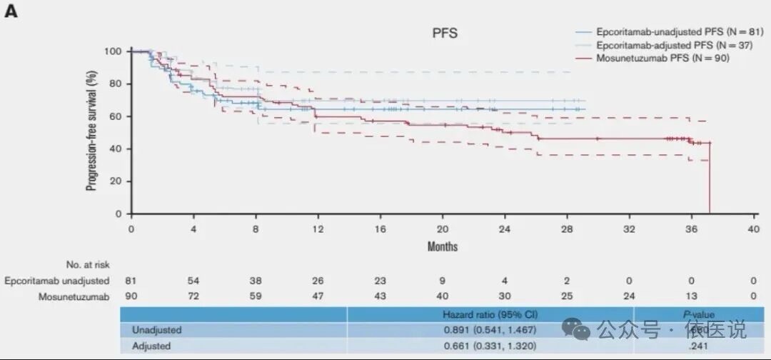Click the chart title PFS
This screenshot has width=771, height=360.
[443, 33]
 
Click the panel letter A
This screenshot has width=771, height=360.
[11, 13]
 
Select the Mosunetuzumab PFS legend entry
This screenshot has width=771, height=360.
[662, 58]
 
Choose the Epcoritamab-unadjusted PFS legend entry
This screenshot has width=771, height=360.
[672, 33]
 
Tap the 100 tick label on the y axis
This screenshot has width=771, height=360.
[113, 51]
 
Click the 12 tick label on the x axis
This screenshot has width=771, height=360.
[318, 229]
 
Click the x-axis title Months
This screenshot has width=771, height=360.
[443, 246]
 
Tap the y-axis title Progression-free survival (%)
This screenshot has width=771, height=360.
[92, 132]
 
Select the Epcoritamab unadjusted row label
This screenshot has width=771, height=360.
[57, 281]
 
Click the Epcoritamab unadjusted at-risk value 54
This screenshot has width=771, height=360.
[193, 281]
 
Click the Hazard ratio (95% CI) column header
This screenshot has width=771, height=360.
[490, 314]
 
